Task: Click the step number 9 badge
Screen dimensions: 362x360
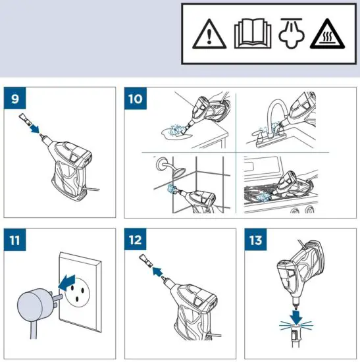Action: [x=16, y=101]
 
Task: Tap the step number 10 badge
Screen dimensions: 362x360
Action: [x=136, y=101]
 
